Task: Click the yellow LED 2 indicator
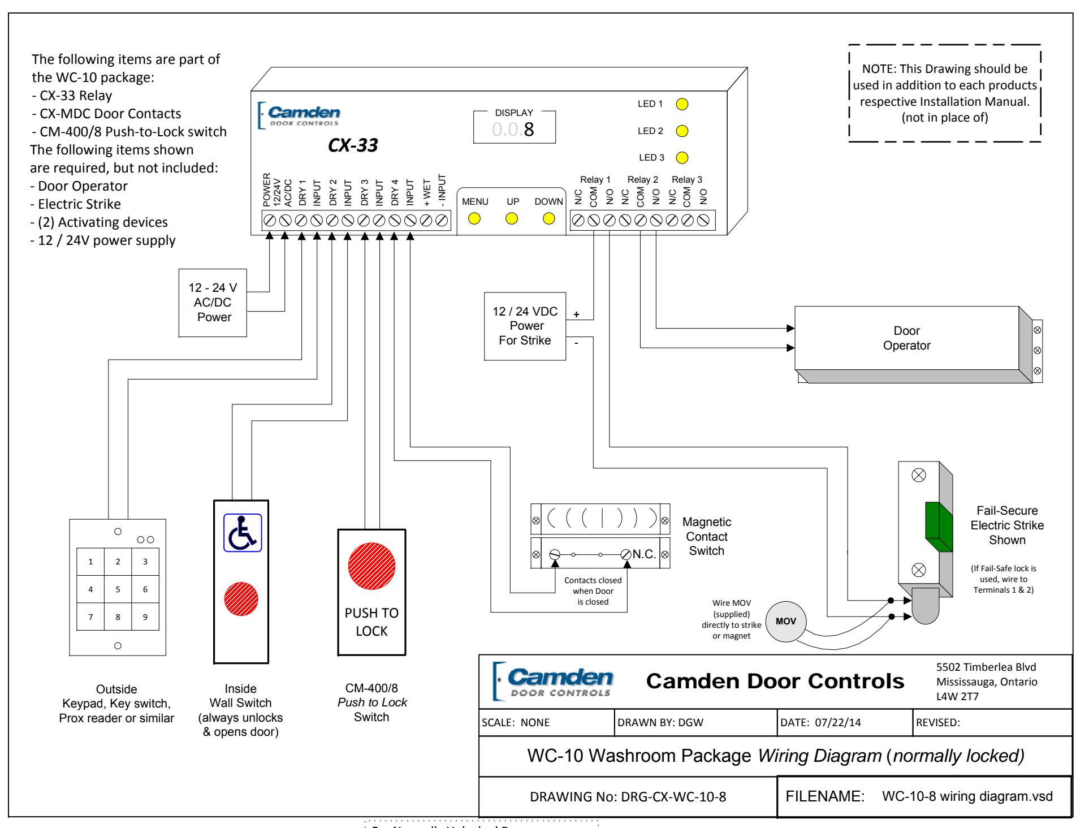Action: (x=682, y=131)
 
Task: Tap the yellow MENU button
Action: (x=475, y=219)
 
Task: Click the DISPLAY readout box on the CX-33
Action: (x=515, y=127)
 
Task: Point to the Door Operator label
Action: (x=907, y=338)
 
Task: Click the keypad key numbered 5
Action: (x=118, y=589)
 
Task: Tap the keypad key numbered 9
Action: (x=145, y=616)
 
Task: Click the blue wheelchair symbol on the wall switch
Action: (x=243, y=532)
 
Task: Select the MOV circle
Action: (x=786, y=622)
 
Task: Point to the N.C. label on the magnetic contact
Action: (x=644, y=554)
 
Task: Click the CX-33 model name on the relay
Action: (x=353, y=146)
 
